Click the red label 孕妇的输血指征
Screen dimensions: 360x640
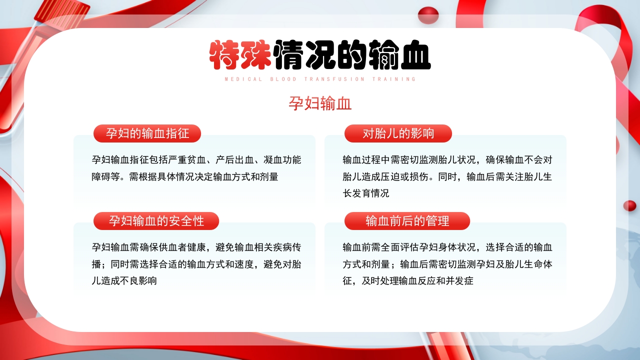pos(147,133)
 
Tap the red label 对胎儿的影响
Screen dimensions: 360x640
pos(398,133)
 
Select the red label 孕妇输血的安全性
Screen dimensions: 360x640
pos(156,220)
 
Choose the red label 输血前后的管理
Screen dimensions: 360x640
pos(407,220)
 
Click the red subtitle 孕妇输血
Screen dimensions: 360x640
pos(320,103)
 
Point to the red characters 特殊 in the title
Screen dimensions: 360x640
pos(240,54)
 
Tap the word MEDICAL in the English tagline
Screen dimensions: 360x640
pos(243,79)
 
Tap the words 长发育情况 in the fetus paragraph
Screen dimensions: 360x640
pos(366,193)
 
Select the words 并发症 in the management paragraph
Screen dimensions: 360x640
pos(458,280)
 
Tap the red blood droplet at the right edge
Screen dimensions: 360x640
pos(629,205)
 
